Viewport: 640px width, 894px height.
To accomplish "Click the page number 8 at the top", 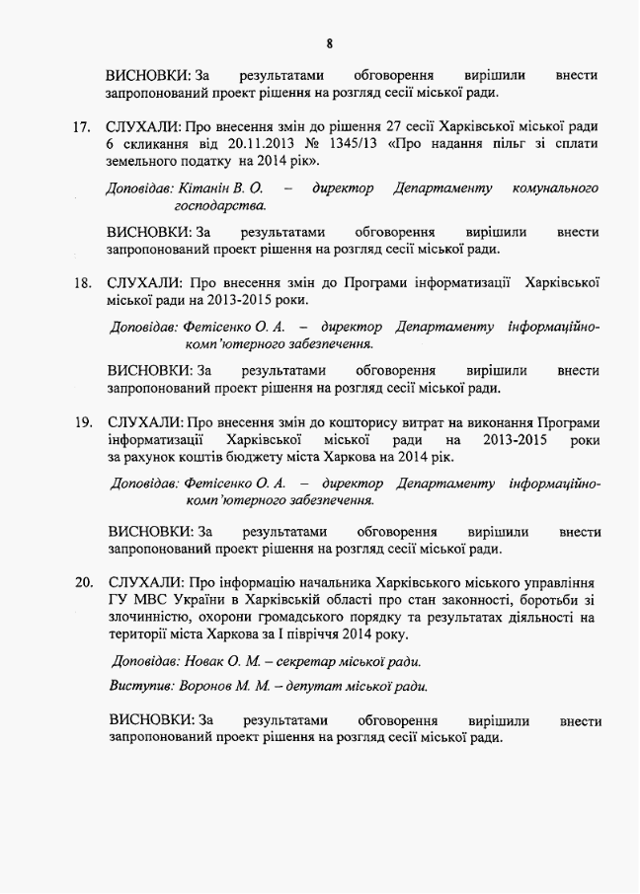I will tap(329, 43).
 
